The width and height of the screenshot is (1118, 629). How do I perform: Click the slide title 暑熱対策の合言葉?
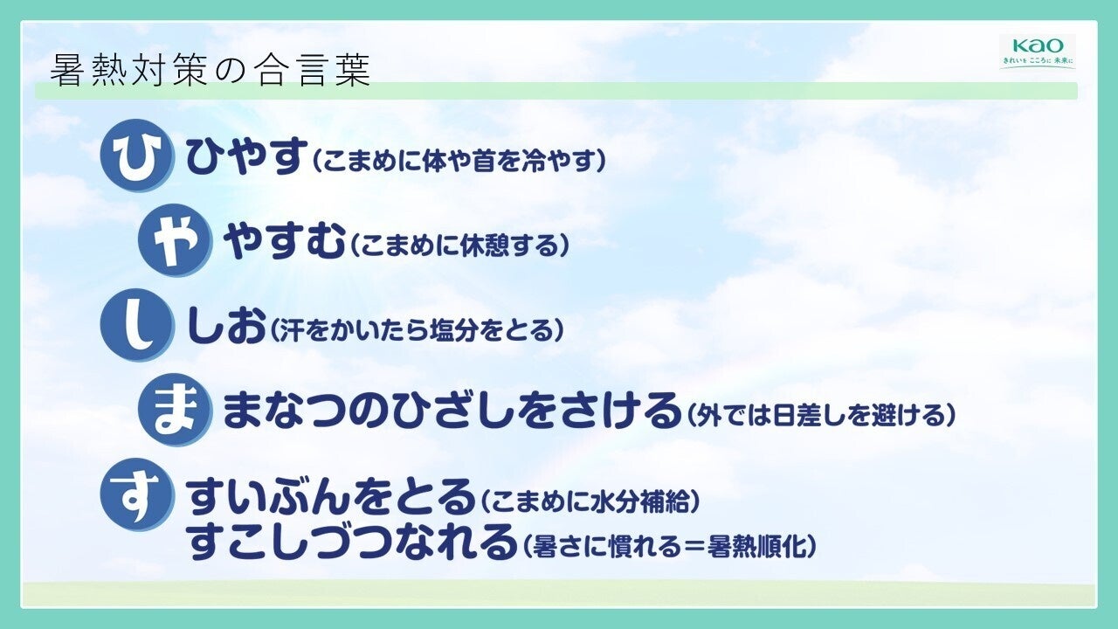tap(210, 70)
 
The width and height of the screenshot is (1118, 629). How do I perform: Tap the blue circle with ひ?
tap(137, 156)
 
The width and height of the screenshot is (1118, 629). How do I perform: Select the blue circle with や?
tap(175, 240)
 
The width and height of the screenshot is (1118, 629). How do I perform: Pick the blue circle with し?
tap(137, 325)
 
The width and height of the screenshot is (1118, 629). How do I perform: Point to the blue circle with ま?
tap(175, 410)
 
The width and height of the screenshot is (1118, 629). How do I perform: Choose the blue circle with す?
tap(137, 494)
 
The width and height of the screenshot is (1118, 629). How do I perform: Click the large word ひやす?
tap(246, 156)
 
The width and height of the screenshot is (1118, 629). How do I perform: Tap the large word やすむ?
tap(285, 240)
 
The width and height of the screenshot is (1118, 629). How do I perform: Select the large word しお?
tap(225, 326)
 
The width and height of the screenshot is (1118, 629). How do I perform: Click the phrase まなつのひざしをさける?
tap(452, 411)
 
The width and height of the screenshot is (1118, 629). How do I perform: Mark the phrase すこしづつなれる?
tap(351, 541)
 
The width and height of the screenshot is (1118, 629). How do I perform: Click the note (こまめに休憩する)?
tap(459, 245)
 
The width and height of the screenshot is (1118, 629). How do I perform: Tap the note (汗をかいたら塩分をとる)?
tap(418, 329)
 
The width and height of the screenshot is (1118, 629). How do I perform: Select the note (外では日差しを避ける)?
tap(821, 415)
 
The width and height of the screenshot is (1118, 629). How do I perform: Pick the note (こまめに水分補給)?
tap(589, 501)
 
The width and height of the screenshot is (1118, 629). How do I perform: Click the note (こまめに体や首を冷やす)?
tap(459, 160)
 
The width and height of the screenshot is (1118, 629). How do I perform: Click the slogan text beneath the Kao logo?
tap(1038, 61)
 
